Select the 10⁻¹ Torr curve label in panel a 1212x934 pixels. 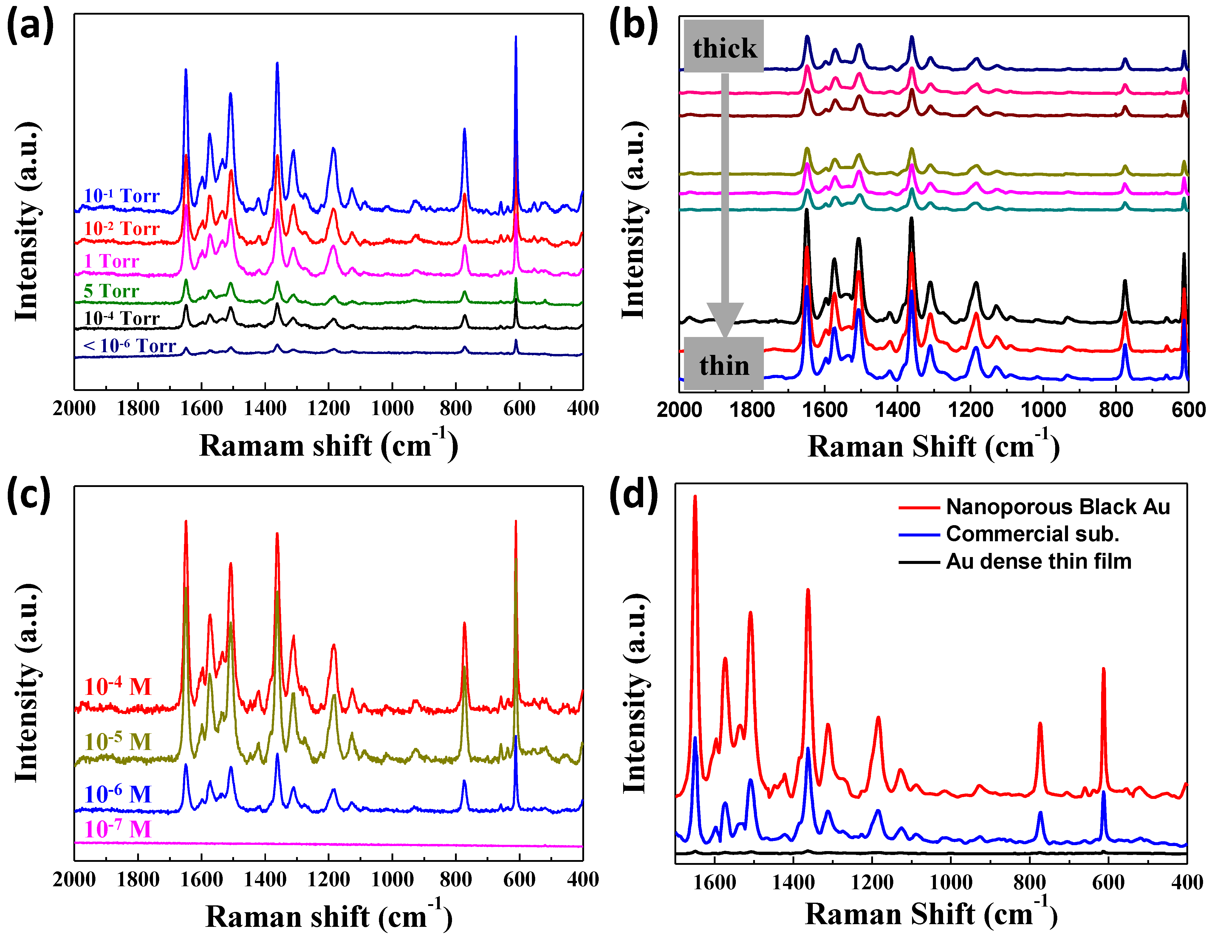coord(122,196)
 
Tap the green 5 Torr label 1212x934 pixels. coord(111,291)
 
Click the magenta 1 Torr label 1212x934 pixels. coord(111,261)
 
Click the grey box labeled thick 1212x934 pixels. coord(724,47)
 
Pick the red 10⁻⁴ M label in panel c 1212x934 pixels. coord(118,687)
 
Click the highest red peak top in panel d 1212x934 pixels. coord(695,497)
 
